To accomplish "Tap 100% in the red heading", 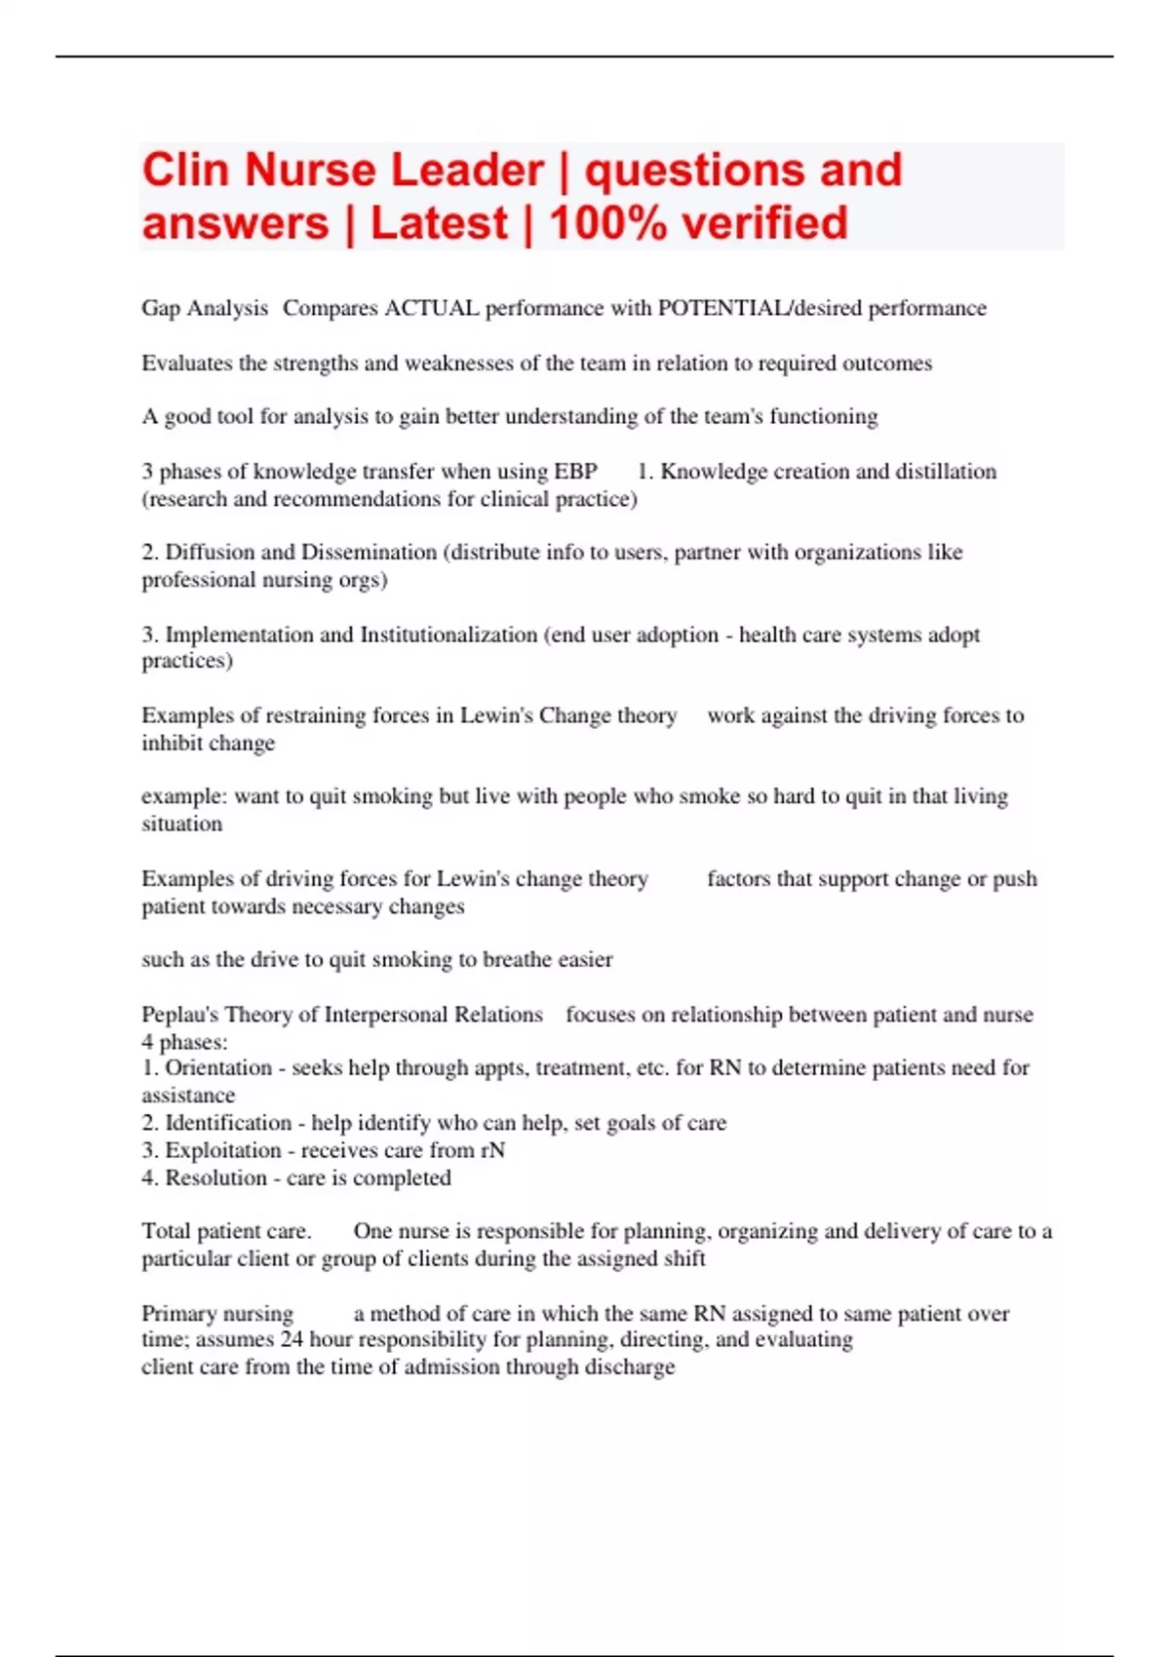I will click(607, 223).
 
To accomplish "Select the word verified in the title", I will click(764, 223).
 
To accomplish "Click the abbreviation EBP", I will click(575, 472).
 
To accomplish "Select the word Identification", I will click(228, 1123).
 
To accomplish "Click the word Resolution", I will click(215, 1178).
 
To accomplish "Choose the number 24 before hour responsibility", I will click(292, 1340).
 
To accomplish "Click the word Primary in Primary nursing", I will click(176, 1314).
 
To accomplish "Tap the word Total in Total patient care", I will click(166, 1232).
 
